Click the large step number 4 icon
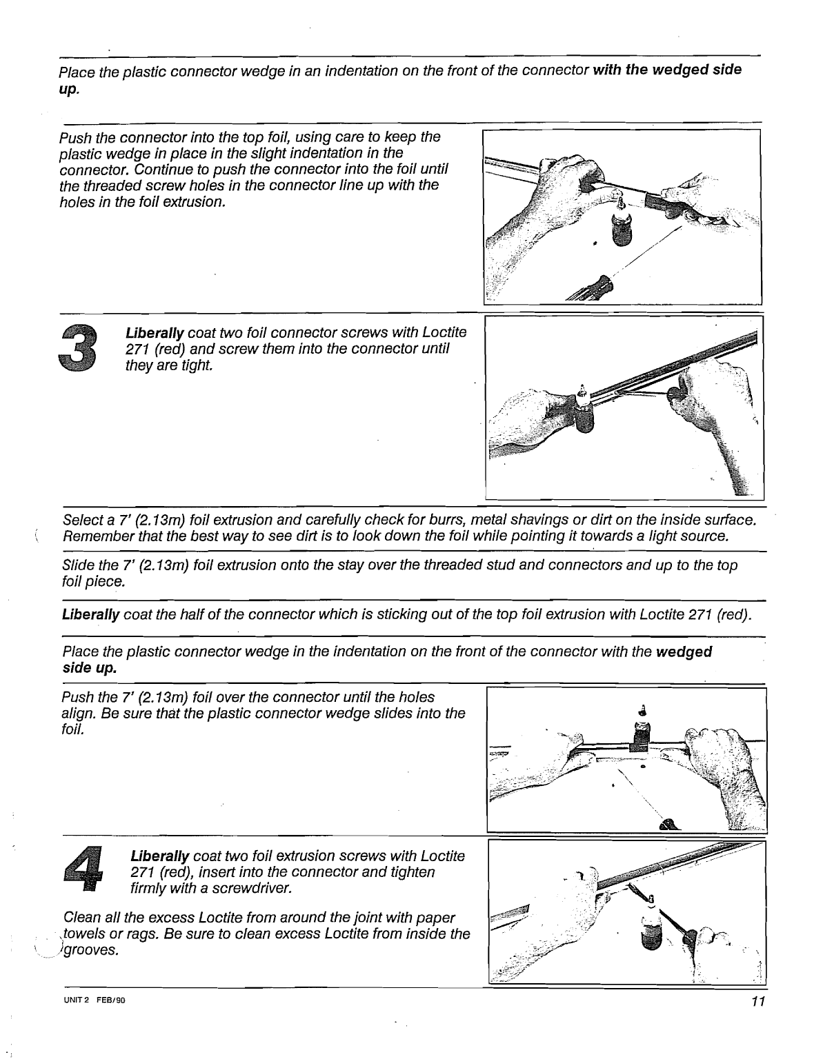tap(83, 871)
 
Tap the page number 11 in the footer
tap(758, 1002)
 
